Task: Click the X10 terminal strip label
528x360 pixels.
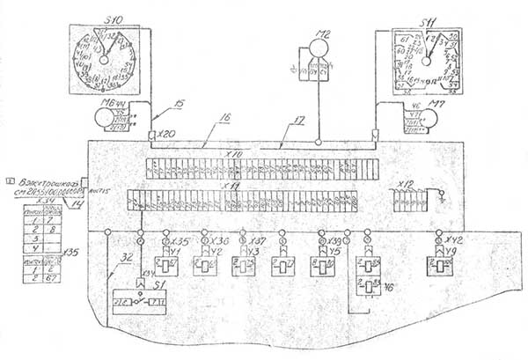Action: point(234,152)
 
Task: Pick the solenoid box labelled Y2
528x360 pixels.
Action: point(205,265)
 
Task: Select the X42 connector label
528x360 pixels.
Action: point(454,239)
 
